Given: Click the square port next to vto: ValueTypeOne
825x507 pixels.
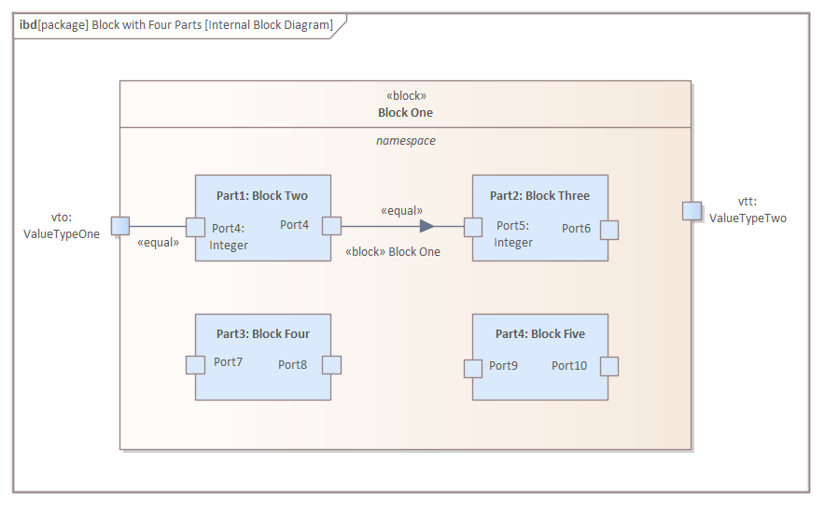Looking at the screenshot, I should click(119, 225).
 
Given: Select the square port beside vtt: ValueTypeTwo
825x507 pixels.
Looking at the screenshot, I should click(692, 210).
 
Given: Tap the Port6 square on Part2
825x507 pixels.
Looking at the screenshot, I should click(609, 230).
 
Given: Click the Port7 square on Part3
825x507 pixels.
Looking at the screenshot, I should click(195, 365).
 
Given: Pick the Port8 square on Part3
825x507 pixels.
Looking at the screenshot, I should click(331, 365).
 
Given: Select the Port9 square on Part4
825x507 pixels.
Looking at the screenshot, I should click(473, 368).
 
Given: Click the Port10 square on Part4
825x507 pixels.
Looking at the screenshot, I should click(609, 367).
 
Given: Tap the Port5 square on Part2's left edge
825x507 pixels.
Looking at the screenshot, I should click(473, 227).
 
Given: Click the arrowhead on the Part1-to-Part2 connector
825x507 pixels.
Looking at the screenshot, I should click(426, 226).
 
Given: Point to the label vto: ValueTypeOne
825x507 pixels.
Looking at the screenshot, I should click(62, 226).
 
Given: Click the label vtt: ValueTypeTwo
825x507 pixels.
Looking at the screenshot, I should click(748, 210).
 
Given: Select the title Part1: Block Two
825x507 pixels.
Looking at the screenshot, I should click(262, 196).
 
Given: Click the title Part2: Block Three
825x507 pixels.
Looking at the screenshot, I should click(539, 196).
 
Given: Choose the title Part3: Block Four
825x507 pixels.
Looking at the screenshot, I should click(262, 333).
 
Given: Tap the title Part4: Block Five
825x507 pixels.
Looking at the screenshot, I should click(539, 333).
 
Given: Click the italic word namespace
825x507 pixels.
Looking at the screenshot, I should click(405, 141).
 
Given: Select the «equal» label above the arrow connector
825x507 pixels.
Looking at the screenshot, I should click(401, 211).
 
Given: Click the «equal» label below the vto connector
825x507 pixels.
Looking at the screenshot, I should click(158, 243).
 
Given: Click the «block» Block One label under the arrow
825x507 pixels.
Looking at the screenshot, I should click(392, 251).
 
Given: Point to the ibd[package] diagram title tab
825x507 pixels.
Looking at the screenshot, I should click(176, 25).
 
